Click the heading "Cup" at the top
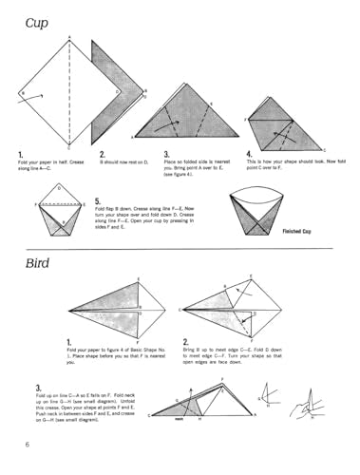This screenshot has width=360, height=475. pos(38,21)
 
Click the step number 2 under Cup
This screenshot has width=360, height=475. pos(103,155)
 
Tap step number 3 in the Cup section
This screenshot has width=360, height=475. pos(166,155)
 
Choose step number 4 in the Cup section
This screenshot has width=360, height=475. pos(250,155)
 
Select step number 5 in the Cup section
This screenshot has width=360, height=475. pos(99,202)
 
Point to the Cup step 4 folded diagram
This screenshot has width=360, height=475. pos(282,122)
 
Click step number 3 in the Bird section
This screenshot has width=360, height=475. pos(38,388)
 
